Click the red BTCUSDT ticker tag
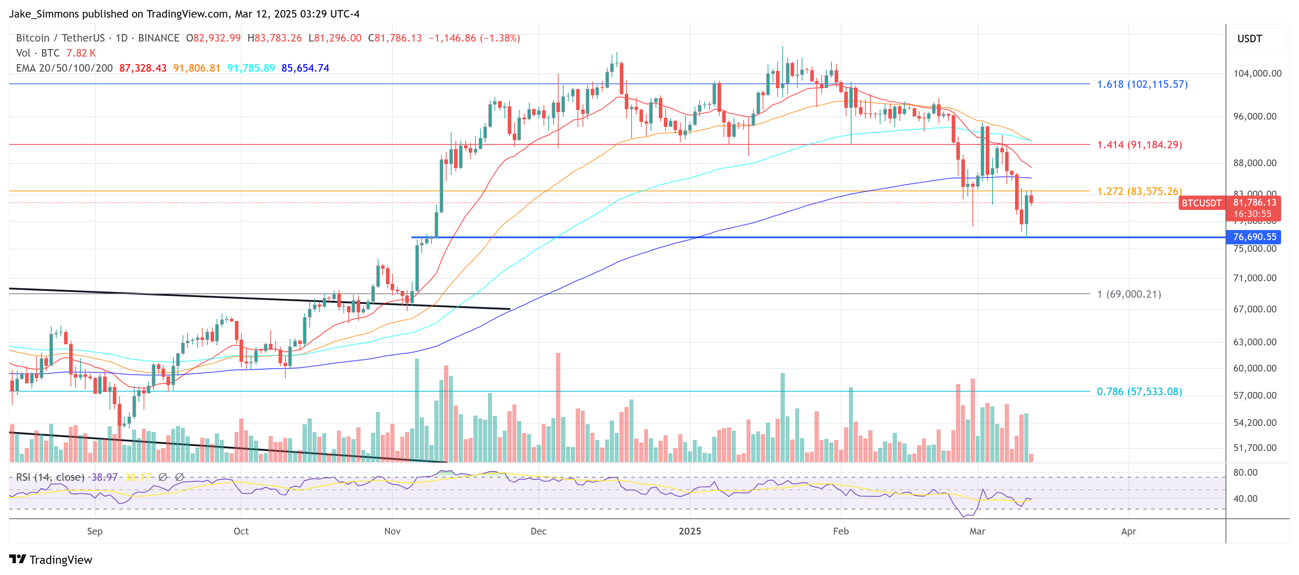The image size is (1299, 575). [1202, 203]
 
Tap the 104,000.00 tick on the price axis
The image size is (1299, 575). [1257, 73]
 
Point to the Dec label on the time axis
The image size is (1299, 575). [538, 531]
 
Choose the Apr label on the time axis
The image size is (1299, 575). [1128, 531]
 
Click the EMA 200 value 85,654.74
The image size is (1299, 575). [305, 68]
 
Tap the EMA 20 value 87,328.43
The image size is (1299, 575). [143, 68]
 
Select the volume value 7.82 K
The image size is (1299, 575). [81, 53]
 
